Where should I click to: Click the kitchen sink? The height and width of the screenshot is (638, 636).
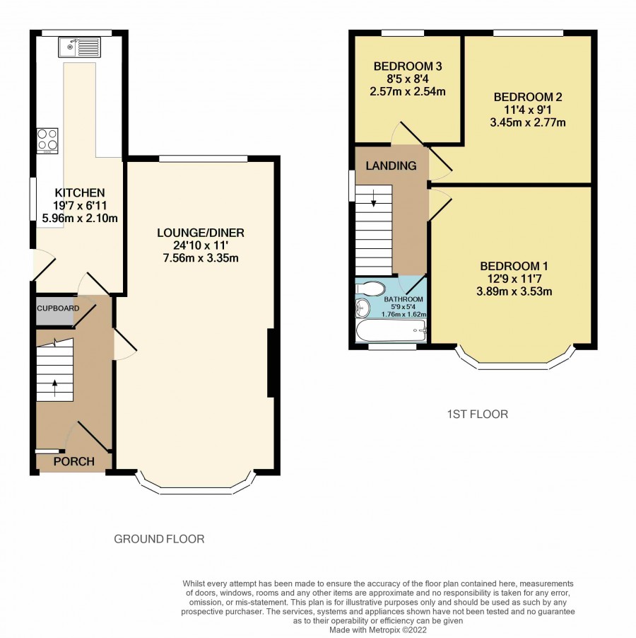coord(79,47)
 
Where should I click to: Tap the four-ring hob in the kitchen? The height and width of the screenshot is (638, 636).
coord(47,141)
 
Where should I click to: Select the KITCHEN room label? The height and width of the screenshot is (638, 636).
coord(80,192)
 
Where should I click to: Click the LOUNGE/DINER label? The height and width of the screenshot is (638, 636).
coord(201,233)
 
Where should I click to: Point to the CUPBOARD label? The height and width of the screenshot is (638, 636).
coord(58,308)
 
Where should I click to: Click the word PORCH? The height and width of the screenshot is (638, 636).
coord(74,461)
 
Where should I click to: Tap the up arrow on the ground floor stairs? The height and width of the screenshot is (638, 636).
coord(55,388)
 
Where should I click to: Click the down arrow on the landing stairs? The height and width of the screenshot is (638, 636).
coord(373,199)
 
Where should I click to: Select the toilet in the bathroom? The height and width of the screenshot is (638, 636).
coord(370,289)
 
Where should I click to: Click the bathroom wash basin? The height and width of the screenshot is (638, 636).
coord(363,308)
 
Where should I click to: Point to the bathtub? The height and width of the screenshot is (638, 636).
coord(391,331)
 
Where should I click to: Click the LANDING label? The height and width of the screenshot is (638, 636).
coord(391,166)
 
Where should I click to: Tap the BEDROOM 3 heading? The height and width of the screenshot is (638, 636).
coord(408,66)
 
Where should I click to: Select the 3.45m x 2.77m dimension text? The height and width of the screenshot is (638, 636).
coord(527,122)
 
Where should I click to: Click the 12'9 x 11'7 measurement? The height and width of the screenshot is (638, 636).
coord(514,279)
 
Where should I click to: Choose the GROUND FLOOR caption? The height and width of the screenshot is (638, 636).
coord(159,539)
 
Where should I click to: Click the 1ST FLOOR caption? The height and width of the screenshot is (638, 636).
coord(478,414)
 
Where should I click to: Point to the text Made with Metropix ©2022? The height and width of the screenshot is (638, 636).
coord(378,630)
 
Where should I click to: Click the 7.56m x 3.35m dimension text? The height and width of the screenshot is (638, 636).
coord(201,258)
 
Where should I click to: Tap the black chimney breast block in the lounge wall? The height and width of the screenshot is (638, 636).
coord(271,363)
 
